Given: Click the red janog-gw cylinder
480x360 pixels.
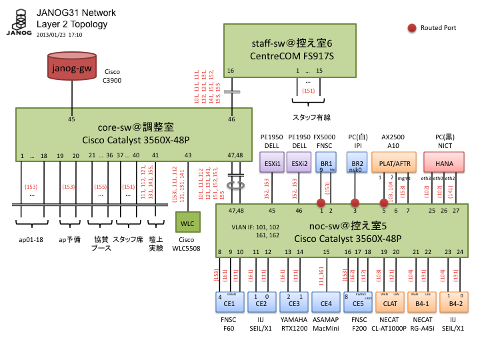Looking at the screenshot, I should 73,68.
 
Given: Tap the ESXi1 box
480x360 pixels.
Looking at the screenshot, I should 272,163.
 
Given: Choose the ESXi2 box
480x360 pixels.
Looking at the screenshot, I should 299,163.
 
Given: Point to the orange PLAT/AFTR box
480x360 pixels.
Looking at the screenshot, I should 395,163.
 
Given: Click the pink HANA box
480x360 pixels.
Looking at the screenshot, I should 444,163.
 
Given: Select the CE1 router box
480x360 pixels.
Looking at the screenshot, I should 227,303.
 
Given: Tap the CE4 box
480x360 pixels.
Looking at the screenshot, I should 325,303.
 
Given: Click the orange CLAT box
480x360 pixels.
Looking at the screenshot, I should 391,303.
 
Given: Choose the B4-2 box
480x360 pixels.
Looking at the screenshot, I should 455,303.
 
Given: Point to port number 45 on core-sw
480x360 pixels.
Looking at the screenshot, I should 72,119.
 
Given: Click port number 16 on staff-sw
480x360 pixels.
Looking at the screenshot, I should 231,71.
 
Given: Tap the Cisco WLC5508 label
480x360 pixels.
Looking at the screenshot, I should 187,243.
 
